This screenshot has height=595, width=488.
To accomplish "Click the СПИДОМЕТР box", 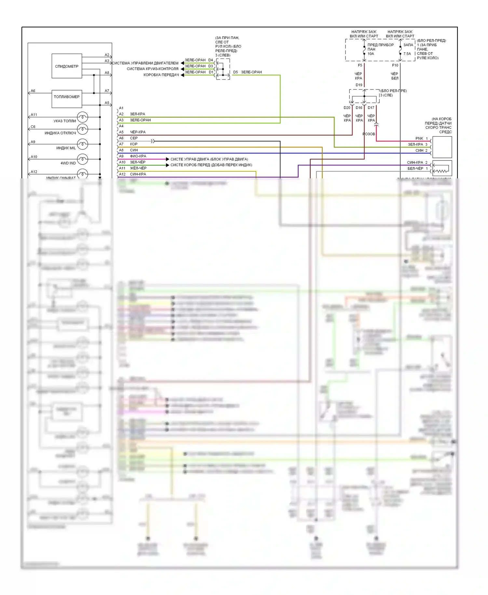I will click(67, 66).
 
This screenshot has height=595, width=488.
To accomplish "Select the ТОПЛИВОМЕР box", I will click(67, 97).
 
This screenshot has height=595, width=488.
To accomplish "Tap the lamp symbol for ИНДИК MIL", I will click(83, 144).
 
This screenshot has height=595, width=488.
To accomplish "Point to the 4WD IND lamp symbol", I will click(83, 159).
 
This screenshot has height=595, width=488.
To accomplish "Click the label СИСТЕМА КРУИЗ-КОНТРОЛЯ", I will click(152, 69).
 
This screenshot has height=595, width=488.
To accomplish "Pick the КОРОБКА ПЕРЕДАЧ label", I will click(161, 75).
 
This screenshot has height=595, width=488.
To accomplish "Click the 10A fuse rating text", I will click(371, 54).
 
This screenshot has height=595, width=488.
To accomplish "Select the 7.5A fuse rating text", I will click(407, 54).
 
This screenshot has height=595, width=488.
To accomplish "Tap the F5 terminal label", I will click(360, 65).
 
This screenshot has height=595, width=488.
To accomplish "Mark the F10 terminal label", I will click(395, 65).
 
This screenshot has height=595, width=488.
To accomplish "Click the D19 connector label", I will click(359, 85).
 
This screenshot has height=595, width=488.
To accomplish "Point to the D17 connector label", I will click(371, 108).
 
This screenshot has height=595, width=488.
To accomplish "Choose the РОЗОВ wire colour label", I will click(369, 134).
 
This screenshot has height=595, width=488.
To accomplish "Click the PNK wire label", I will click(419, 139).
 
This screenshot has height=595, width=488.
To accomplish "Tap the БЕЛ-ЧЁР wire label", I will click(415, 169).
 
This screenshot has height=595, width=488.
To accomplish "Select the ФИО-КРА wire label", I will click(138, 156).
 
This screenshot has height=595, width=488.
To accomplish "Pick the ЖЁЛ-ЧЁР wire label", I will click(138, 168).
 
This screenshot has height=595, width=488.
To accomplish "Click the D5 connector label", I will click(236, 72).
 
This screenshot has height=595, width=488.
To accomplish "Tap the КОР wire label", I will click(134, 144).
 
